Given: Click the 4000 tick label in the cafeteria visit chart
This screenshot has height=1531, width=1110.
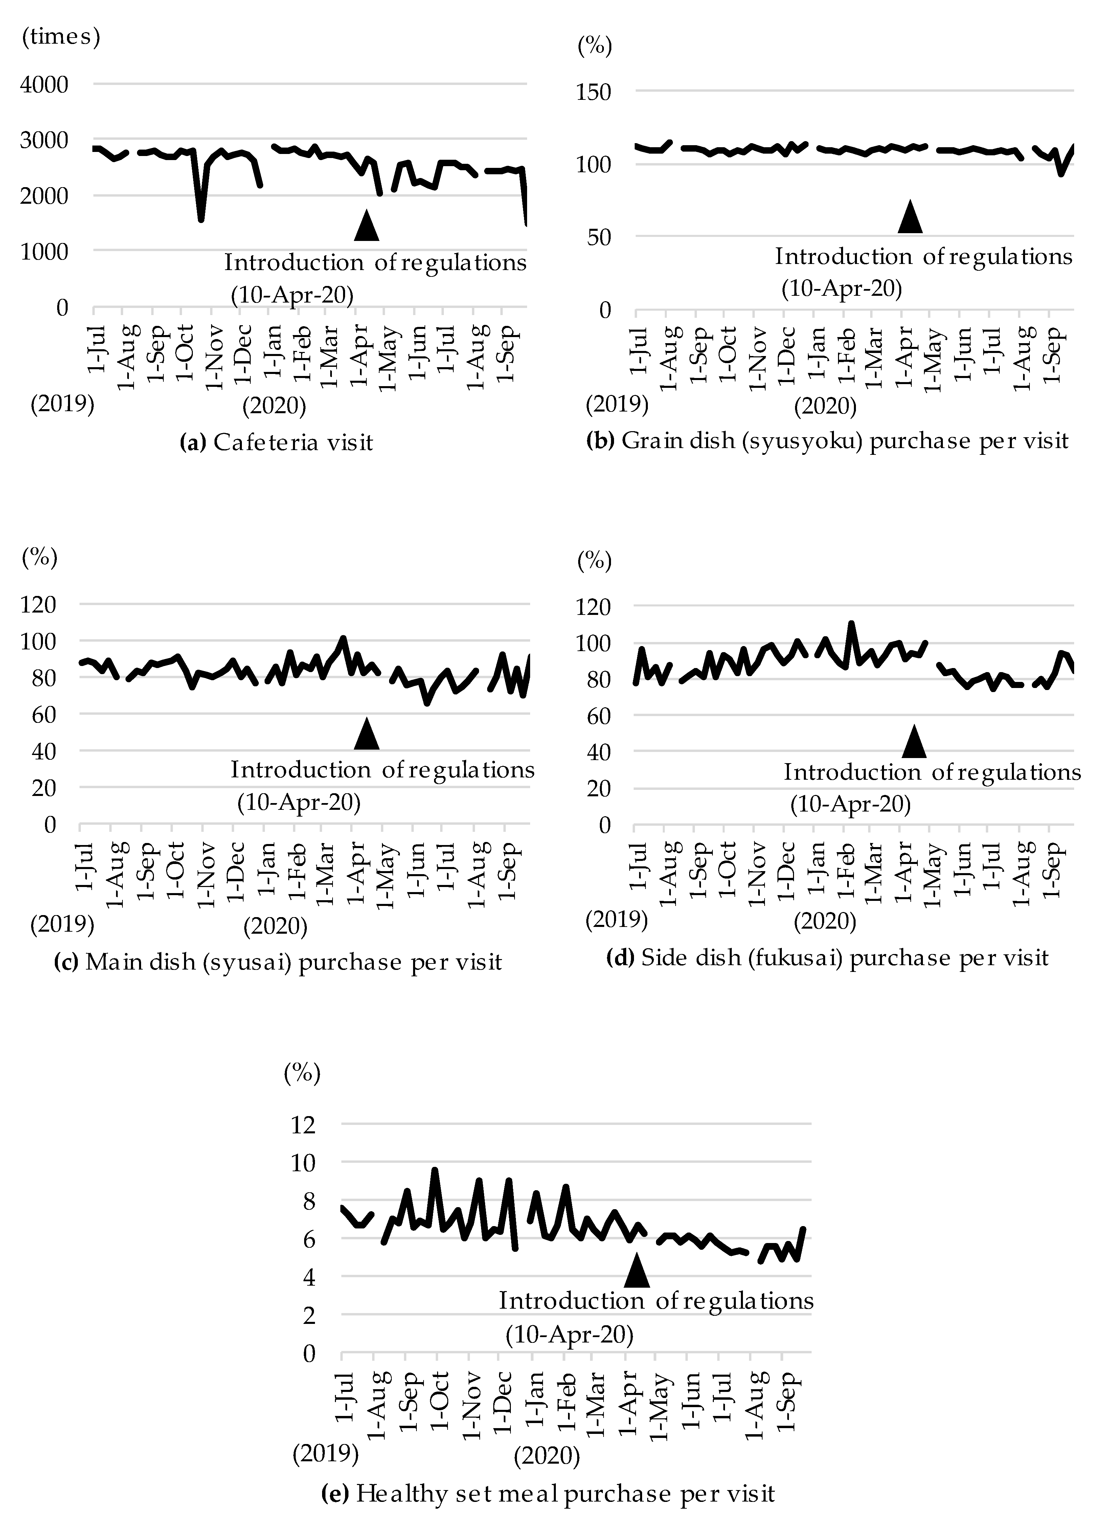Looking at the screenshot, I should pos(45,85).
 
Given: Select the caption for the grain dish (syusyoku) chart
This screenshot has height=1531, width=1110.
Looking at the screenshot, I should pos(827,441).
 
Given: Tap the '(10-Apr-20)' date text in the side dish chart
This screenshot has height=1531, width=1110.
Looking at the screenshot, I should pos(850,804).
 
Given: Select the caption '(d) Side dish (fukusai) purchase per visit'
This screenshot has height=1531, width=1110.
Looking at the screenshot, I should pos(827,957).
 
